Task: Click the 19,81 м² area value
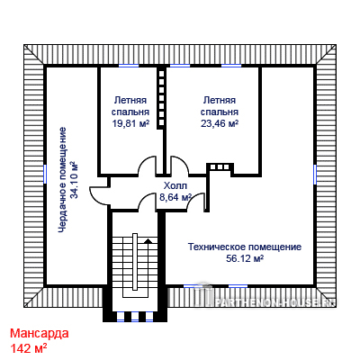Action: tap(130, 123)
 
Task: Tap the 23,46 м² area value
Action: tap(220, 123)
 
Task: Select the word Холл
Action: tap(175, 185)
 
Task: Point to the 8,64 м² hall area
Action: tap(175, 197)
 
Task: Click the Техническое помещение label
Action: tap(245, 247)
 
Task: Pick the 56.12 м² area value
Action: tap(245, 258)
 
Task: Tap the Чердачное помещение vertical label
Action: tap(62, 180)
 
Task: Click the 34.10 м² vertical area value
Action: tap(74, 180)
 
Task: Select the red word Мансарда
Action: tap(40, 333)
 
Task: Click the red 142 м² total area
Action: tap(29, 348)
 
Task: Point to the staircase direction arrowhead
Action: tap(148, 240)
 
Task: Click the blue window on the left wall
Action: tap(45, 174)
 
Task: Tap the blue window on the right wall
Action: tap(315, 174)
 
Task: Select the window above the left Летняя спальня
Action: tap(129, 66)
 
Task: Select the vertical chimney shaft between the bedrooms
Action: tap(162, 98)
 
